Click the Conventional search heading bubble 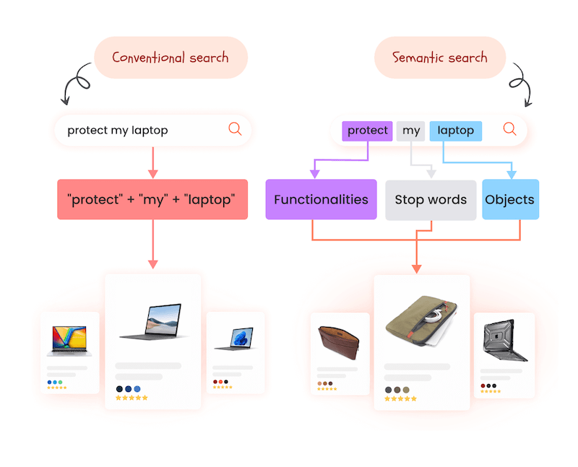[x=171, y=57]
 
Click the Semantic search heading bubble [x=439, y=57]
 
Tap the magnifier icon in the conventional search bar [x=235, y=129]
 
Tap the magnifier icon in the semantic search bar [x=509, y=129]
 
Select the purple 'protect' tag [x=367, y=131]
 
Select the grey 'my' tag [x=411, y=131]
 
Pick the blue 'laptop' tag [x=455, y=131]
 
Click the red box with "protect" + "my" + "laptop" [x=152, y=199]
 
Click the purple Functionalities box [x=321, y=199]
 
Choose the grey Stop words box [x=431, y=199]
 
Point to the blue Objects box [x=510, y=199]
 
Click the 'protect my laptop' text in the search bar [x=118, y=130]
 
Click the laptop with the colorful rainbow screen [x=69, y=341]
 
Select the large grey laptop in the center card [x=153, y=322]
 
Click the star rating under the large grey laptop [x=131, y=398]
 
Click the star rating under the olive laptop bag [x=400, y=398]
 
